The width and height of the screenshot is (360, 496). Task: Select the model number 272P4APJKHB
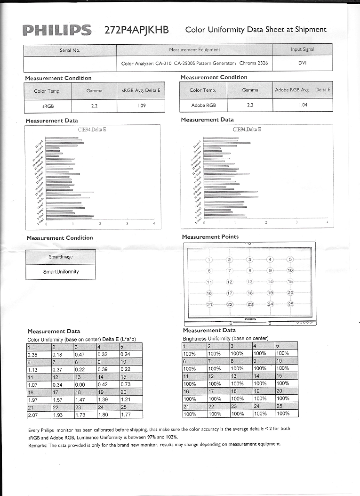click(x=136, y=30)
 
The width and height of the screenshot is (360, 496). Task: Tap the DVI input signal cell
click(x=302, y=63)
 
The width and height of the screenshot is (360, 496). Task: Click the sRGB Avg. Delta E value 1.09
click(x=141, y=106)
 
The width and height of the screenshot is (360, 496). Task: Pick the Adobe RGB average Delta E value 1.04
click(x=303, y=105)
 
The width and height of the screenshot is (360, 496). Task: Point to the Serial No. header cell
click(x=70, y=50)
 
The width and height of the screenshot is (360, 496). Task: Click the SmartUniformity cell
click(x=61, y=271)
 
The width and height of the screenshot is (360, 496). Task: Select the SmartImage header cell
click(x=61, y=257)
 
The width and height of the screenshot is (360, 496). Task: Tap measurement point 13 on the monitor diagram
click(x=250, y=282)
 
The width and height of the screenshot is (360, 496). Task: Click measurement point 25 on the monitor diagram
click(x=290, y=304)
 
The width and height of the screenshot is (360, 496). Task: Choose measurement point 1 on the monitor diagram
click(x=209, y=260)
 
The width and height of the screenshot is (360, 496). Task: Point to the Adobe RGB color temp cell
click(x=202, y=105)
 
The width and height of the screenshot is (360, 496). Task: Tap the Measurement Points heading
click(x=210, y=237)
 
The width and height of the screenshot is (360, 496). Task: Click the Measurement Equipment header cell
click(x=194, y=49)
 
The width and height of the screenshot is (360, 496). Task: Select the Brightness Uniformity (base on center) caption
click(x=225, y=338)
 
